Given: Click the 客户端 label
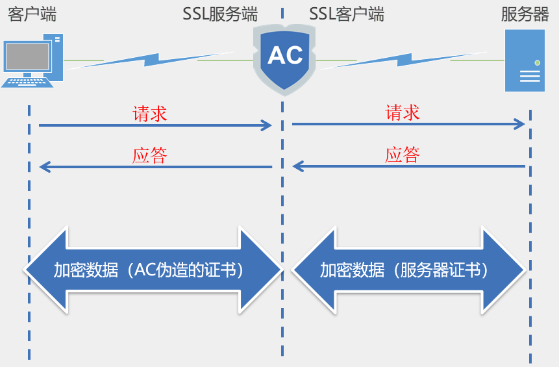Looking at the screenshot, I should (32, 14).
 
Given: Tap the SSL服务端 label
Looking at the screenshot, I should (220, 14).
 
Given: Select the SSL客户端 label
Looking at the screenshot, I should (347, 14).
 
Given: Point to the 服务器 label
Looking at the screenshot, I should (525, 14).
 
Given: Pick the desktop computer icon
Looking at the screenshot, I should (32, 62).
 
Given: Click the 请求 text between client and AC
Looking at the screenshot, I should (150, 114).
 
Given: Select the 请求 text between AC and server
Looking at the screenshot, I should (403, 112).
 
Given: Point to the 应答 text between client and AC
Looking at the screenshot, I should (150, 156).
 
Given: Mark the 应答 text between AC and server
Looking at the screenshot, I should (403, 155).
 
